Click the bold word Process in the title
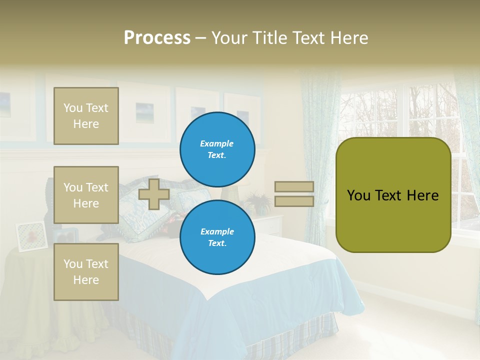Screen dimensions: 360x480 (x=157, y=38)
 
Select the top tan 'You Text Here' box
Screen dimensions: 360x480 (x=86, y=116)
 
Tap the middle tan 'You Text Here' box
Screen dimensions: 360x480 (x=86, y=195)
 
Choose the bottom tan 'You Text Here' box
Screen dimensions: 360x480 (x=86, y=272)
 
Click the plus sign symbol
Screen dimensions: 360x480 (x=154, y=194)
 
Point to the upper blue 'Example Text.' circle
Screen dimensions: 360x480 (x=217, y=149)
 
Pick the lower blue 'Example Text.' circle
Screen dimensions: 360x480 (x=217, y=237)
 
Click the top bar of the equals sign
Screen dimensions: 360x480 (x=294, y=186)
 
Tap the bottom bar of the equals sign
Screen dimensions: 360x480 (x=294, y=201)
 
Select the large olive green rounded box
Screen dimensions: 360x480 (x=393, y=195)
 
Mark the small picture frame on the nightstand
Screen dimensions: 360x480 (x=31, y=236)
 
